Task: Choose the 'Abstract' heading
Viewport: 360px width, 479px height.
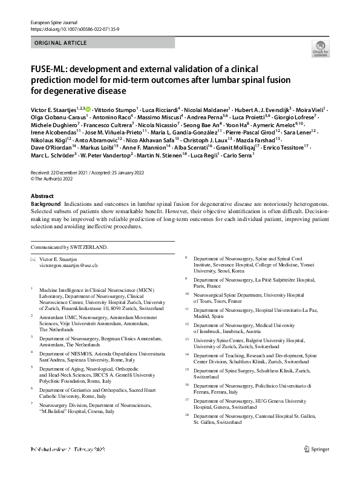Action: point(43,197)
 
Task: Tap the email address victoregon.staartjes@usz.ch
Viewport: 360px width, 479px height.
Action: point(68,266)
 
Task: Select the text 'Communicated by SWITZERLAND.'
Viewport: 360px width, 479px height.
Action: point(69,247)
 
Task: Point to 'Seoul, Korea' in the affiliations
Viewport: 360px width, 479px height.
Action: point(219,271)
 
